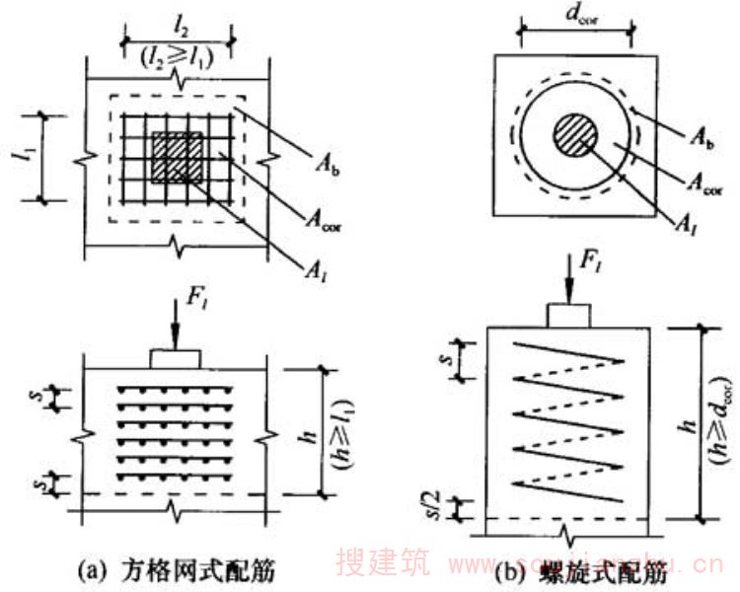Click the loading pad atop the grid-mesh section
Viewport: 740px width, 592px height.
[x=176, y=356]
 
